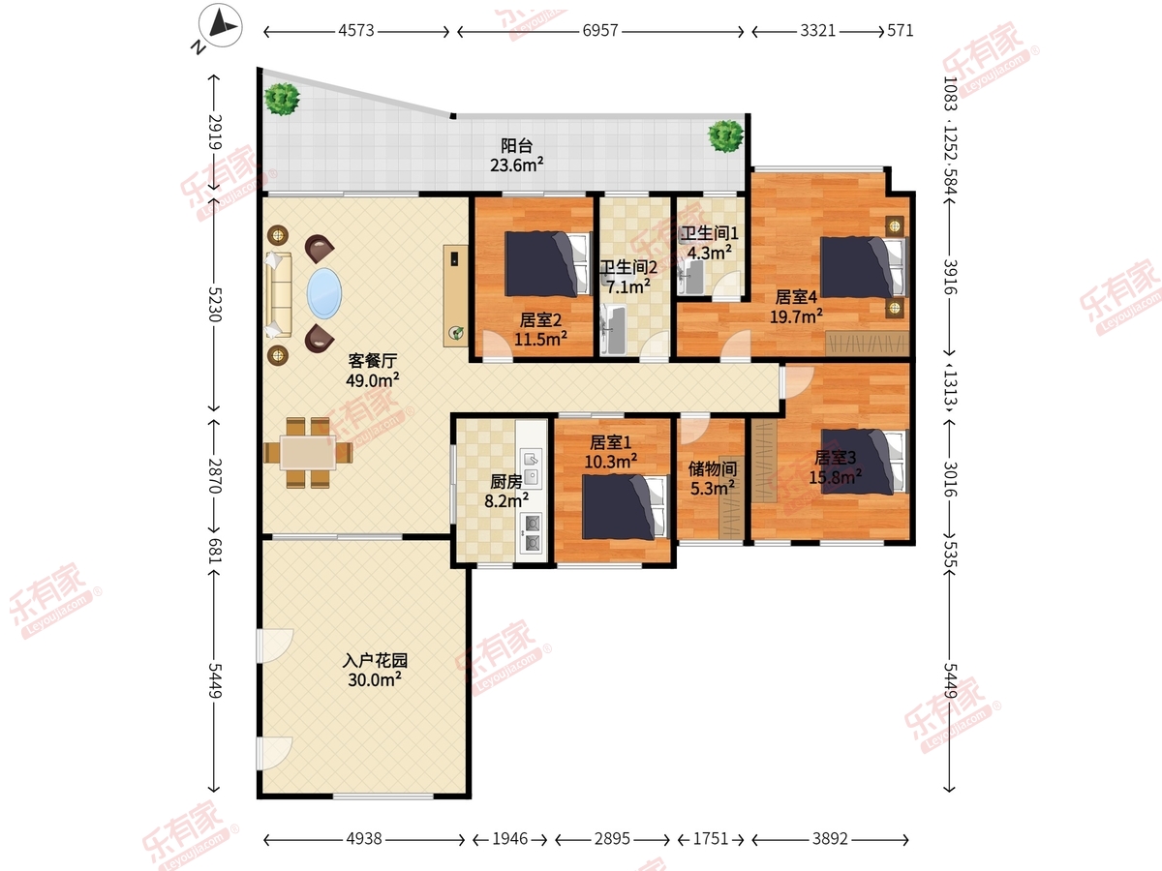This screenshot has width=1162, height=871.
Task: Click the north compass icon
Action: pyautogui.click(x=220, y=25)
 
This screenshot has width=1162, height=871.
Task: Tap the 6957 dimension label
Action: pyautogui.click(x=600, y=31)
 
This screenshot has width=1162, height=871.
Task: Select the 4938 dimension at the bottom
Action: pyautogui.click(x=364, y=839)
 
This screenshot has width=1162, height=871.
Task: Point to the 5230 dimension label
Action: pyautogui.click(x=214, y=305)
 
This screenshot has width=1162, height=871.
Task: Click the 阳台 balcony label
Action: pyautogui.click(x=517, y=145)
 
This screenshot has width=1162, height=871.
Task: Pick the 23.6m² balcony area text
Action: pyautogui.click(x=517, y=165)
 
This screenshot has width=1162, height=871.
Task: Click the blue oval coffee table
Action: pyautogui.click(x=324, y=293)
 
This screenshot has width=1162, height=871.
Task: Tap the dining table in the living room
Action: pyautogui.click(x=308, y=453)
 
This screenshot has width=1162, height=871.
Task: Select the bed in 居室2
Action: pyautogui.click(x=548, y=263)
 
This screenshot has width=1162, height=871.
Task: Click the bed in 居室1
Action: pyautogui.click(x=625, y=507)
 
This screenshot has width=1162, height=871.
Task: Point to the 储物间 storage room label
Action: pyautogui.click(x=713, y=468)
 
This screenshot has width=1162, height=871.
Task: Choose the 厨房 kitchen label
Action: pyautogui.click(x=506, y=481)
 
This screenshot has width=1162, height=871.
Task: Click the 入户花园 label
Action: pyautogui.click(x=375, y=661)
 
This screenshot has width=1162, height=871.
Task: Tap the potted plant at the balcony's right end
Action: pyautogui.click(x=726, y=135)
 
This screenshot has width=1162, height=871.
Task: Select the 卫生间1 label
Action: pyautogui.click(x=710, y=233)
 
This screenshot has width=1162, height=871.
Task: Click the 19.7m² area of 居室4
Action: pyautogui.click(x=796, y=316)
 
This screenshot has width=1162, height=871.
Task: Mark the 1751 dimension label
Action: pyautogui.click(x=711, y=839)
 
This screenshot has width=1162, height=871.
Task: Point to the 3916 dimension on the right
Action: pyautogui.click(x=950, y=277)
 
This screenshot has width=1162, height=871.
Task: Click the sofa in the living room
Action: pyautogui.click(x=279, y=294)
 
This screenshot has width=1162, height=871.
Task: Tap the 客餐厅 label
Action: pyautogui.click(x=373, y=361)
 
